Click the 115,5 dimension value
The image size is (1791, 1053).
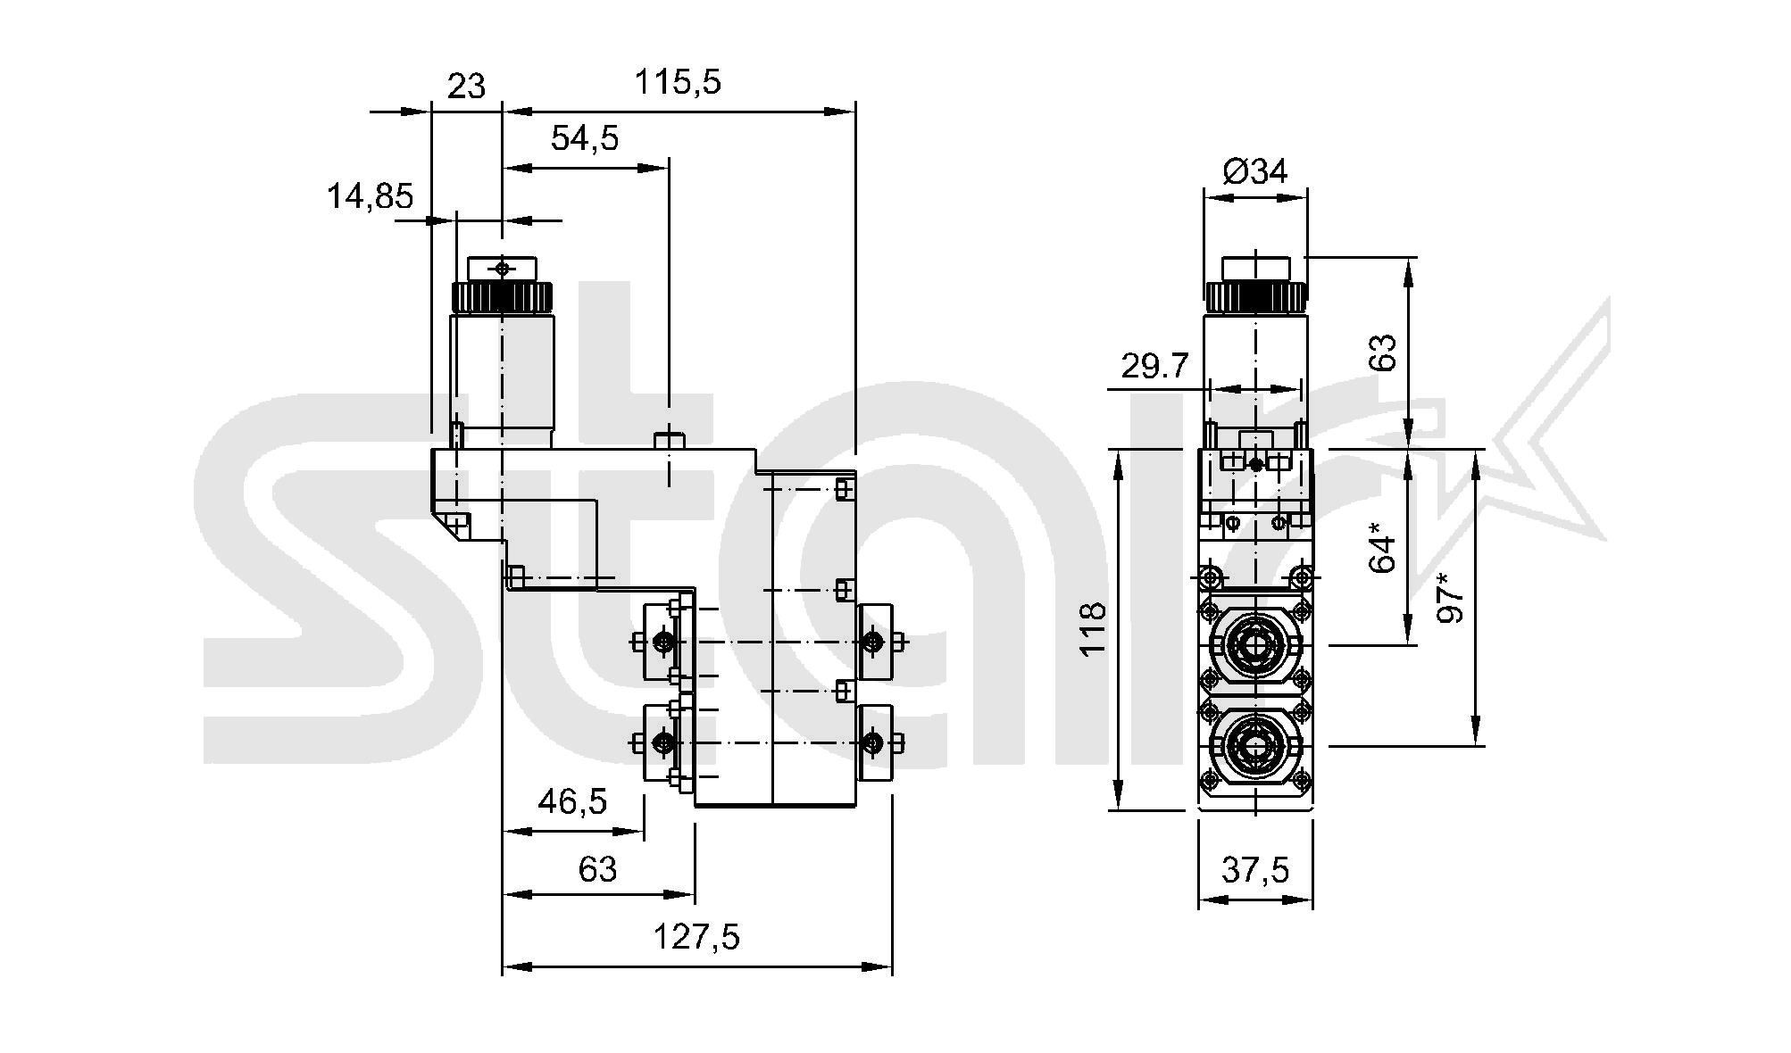tap(677, 83)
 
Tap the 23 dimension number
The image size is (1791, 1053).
tap(466, 87)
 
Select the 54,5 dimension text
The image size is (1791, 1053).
tap(585, 139)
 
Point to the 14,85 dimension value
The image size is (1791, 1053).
tap(370, 196)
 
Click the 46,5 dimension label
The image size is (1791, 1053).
tap(572, 801)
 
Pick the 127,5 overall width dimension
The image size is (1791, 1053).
tap(697, 938)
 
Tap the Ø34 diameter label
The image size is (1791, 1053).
tap(1255, 171)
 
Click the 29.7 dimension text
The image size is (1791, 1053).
tap(1155, 366)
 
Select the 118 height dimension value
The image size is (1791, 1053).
tap(1094, 629)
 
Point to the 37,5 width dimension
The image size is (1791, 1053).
tap(1255, 869)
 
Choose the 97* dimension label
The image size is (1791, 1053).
tap(1451, 598)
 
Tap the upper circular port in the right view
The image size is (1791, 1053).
tap(1255, 644)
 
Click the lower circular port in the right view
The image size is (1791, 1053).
tap(1255, 745)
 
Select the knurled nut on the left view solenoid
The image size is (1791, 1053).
tap(502, 297)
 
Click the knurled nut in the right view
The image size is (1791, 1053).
tap(1255, 297)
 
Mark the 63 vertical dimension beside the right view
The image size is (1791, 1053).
tap(1382, 352)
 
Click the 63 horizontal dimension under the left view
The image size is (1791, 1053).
tap(597, 868)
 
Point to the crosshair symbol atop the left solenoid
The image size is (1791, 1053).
tap(502, 268)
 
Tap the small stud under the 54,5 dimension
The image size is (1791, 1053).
tap(669, 440)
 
